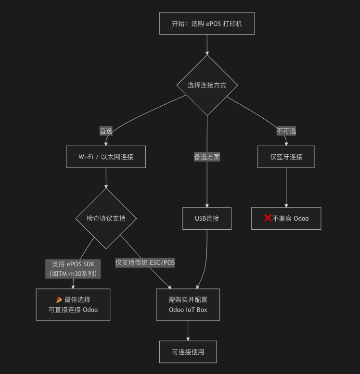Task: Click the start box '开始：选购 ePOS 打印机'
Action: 206,23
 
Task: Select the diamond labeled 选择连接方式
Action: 207,85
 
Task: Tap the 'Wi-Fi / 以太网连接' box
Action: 106,157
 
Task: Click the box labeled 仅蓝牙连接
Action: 286,157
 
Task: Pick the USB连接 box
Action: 207,218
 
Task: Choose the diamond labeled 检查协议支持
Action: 106,218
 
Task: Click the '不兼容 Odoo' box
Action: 286,218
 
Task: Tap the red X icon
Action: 268,218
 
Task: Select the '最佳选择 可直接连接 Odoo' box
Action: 73,304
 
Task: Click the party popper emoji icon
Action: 59,299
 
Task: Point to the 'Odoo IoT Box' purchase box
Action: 188,304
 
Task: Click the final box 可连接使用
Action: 188,352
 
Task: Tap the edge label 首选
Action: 106,131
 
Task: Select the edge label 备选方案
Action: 207,157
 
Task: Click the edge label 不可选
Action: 286,131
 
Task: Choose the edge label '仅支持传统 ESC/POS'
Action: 145,262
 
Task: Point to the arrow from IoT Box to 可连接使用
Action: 188,331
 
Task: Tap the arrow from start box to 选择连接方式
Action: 207,44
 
